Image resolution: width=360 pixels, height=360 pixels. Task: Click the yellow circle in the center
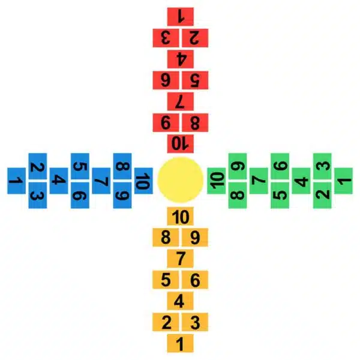coord(180,180)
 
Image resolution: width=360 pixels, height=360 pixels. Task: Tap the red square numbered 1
coord(180,17)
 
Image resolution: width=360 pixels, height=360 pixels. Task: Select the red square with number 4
coord(180,59)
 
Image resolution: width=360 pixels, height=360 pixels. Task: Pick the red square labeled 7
coord(180,101)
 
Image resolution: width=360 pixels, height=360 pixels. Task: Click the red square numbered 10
coord(180,144)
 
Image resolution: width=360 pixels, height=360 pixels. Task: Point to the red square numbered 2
coord(195,38)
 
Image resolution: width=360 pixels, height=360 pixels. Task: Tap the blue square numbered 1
coord(17,181)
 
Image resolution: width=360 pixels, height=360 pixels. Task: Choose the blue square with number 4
coord(59,181)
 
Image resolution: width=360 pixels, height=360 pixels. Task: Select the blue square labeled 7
coord(101,181)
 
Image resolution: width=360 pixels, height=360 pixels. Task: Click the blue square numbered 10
coord(143,181)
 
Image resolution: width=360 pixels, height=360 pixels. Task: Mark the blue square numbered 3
coord(38,196)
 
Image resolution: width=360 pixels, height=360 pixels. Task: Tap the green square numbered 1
coord(343,181)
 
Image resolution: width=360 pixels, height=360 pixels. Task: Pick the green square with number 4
coord(301,181)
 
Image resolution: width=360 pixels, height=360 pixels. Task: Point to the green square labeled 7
coord(259,181)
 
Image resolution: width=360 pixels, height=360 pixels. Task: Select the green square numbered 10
coord(216,181)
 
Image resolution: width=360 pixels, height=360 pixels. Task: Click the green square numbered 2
coord(322,196)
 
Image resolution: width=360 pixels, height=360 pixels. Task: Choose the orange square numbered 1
coord(180,343)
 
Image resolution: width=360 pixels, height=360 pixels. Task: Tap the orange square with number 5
coord(166,280)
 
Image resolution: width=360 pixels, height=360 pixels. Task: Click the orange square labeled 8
coord(166,238)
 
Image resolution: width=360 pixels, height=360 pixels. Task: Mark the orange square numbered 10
coord(180,216)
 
